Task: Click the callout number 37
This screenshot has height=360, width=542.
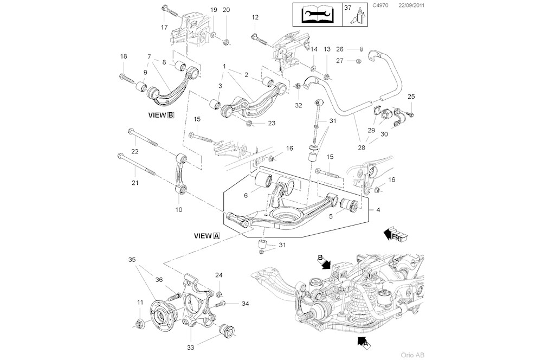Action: pyautogui.click(x=348, y=8)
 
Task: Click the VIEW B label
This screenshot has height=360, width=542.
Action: pyautogui.click(x=161, y=115)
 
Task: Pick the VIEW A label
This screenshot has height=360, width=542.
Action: pyautogui.click(x=207, y=236)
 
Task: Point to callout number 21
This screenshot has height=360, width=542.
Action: pyautogui.click(x=134, y=183)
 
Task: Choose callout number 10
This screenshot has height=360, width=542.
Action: pyautogui.click(x=179, y=209)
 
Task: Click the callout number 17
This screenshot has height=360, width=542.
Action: pyautogui.click(x=164, y=27)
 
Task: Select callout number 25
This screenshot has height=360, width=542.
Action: pyautogui.click(x=411, y=97)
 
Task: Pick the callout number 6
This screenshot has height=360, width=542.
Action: pyautogui.click(x=246, y=195)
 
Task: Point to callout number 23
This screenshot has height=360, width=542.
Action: pyautogui.click(x=272, y=123)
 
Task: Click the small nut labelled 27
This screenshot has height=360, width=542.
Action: pyautogui.click(x=359, y=61)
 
